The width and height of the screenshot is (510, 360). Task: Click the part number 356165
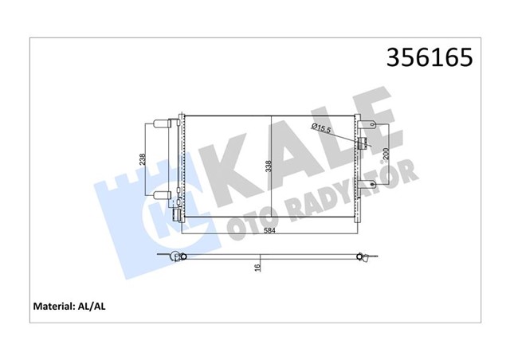[429, 57]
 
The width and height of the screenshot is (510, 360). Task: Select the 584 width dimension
[273, 232]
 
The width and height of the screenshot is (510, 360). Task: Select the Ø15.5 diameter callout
[320, 127]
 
